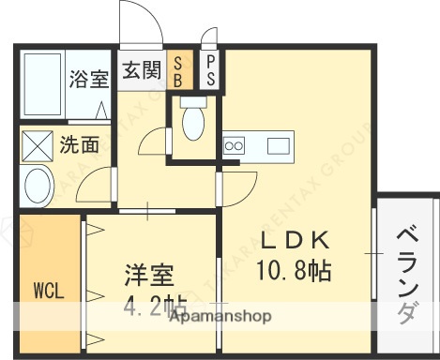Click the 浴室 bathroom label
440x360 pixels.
tap(89, 79)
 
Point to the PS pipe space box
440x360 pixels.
tap(209, 71)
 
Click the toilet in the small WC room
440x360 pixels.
tap(193, 121)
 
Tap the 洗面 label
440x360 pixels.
tap(80, 145)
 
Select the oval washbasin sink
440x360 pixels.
tap(38, 187)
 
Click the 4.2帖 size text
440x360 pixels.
tap(155, 305)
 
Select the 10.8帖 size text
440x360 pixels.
tap(293, 271)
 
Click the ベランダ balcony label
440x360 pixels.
tap(406, 273)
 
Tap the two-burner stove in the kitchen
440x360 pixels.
tap(234, 145)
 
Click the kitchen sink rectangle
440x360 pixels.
tap(281, 145)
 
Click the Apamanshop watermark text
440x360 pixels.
tap(220, 317)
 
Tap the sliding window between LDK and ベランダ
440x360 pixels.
tap(375, 253)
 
